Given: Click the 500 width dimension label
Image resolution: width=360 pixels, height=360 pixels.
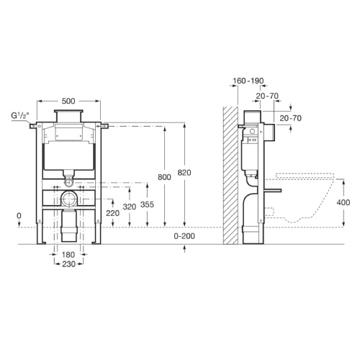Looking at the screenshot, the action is pyautogui.click(x=68, y=101).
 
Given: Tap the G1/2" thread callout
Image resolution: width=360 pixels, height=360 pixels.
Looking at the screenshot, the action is pyautogui.click(x=20, y=116).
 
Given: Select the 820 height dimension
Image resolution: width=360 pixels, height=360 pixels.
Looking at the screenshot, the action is pyautogui.click(x=184, y=173).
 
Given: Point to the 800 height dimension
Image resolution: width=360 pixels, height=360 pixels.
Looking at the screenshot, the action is pyautogui.click(x=164, y=177).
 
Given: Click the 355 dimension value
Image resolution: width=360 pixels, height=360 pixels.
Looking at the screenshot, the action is pyautogui.click(x=147, y=204).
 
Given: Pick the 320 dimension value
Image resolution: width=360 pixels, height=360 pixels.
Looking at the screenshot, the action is pyautogui.click(x=130, y=207).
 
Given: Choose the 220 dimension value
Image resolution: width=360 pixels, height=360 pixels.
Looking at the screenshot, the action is pyautogui.click(x=112, y=213).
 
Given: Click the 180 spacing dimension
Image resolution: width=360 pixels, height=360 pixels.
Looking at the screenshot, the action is pyautogui.click(x=68, y=254).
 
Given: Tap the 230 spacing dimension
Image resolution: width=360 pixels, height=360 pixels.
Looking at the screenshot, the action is pyautogui.click(x=68, y=264).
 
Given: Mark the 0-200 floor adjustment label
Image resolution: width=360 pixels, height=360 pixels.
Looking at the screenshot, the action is pyautogui.click(x=184, y=236).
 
